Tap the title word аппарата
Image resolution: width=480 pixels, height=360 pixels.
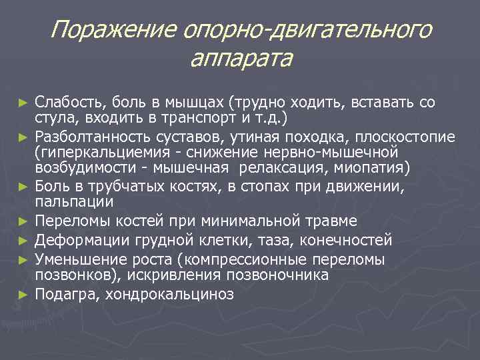point(241,59)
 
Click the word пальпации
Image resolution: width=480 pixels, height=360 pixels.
point(75,201)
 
